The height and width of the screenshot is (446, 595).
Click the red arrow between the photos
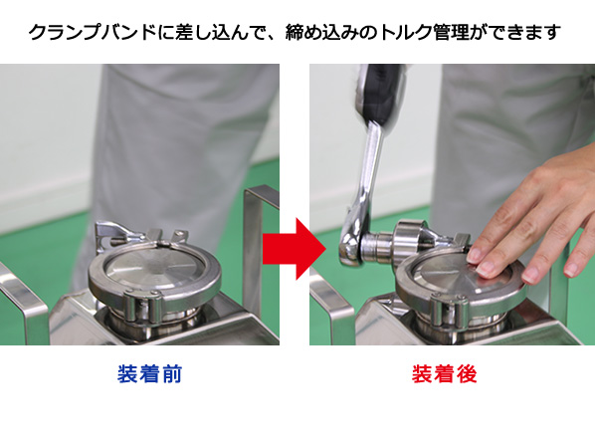pyautogui.click(x=295, y=249)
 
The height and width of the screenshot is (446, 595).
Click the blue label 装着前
pyautogui.click(x=150, y=374)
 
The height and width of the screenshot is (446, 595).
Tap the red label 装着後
pyautogui.click(x=445, y=374)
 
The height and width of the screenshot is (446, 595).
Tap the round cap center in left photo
pyautogui.click(x=154, y=267)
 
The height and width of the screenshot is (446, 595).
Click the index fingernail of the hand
pyautogui.click(x=475, y=255)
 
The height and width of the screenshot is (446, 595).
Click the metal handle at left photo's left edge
pyautogui.click(x=21, y=300)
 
